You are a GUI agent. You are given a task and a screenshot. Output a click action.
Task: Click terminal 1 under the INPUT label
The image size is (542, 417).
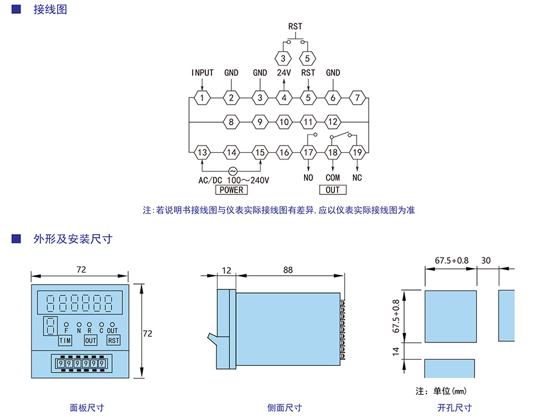203,97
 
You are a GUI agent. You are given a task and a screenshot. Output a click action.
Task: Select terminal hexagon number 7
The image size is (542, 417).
358,97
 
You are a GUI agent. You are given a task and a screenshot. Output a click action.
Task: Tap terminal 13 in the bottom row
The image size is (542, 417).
203,152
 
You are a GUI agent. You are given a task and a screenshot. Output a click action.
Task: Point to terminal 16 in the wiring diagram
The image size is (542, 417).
284,152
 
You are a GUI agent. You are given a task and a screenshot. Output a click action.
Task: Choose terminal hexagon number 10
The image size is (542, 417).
284,122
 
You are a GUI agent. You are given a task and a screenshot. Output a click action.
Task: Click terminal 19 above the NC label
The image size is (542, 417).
357,152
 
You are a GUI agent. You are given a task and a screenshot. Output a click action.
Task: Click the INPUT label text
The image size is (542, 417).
203,73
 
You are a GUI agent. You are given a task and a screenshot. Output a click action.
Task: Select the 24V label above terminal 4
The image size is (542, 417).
284,73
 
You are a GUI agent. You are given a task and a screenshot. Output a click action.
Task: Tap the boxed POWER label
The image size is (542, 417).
231,190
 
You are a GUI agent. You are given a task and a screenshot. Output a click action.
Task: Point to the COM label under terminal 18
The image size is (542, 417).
332,178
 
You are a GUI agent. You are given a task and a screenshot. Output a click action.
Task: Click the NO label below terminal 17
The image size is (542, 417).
308,178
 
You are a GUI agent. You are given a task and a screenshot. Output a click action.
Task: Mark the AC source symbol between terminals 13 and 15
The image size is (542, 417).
231,171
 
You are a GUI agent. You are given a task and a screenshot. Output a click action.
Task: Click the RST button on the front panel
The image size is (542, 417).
113,341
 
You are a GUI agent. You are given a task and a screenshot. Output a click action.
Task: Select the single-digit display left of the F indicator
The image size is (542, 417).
51,327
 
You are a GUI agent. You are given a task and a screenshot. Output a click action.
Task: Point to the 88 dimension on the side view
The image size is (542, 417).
288,270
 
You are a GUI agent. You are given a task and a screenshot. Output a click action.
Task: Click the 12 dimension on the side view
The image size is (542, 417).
226,270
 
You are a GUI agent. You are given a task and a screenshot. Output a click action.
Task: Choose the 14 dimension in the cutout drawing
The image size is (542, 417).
396,351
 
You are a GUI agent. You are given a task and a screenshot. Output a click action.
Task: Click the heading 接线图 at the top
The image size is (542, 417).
50,10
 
